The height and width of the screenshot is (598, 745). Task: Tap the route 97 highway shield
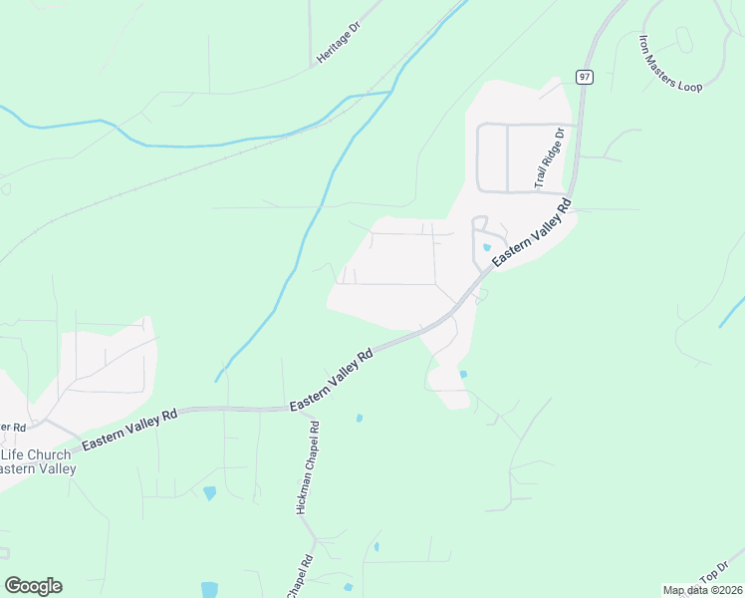(584, 77)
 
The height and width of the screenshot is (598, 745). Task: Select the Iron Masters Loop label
(670, 64)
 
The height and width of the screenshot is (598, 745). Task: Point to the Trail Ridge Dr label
(549, 157)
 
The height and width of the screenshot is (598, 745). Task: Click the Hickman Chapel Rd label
(308, 466)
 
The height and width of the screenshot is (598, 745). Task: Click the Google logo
(33, 586)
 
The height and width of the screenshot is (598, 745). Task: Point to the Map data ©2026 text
(703, 590)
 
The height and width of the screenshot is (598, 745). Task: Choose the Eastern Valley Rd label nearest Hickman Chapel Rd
(331, 380)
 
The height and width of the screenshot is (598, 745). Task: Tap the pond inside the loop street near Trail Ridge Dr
(486, 247)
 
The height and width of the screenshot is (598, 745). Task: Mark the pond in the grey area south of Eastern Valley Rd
(463, 374)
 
